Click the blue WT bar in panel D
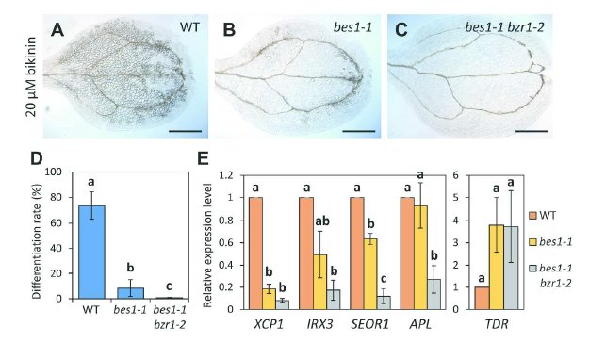pyautogui.click(x=91, y=252)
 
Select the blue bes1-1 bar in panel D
pyautogui.click(x=130, y=293)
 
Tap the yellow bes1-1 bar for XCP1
pyautogui.click(x=269, y=299)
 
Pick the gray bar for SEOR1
pyautogui.click(x=384, y=303)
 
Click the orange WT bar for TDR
pyautogui.click(x=482, y=298)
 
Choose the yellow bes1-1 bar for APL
pyautogui.click(x=420, y=257)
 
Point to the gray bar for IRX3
pyautogui.click(x=334, y=300)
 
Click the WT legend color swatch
pyautogui.click(x=532, y=216)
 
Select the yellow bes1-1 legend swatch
pyautogui.click(x=532, y=242)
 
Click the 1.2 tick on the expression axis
pyautogui.click(x=227, y=175)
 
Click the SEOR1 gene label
pyautogui.click(x=370, y=324)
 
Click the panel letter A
pyautogui.click(x=57, y=30)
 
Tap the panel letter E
pyautogui.click(x=203, y=159)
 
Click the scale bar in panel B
pyautogui.click(x=359, y=131)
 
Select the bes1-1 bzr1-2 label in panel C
pyautogui.click(x=504, y=27)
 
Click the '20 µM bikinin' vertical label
pyautogui.click(x=31, y=76)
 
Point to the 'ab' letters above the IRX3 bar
pyautogui.click(x=322, y=221)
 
